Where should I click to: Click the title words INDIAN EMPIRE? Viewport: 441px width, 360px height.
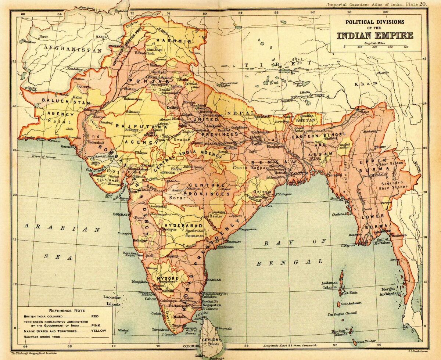pyautogui.click(x=375, y=36)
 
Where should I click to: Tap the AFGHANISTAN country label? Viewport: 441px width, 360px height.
pyautogui.click(x=72, y=48)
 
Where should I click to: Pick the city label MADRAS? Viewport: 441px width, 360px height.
pyautogui.click(x=214, y=280)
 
